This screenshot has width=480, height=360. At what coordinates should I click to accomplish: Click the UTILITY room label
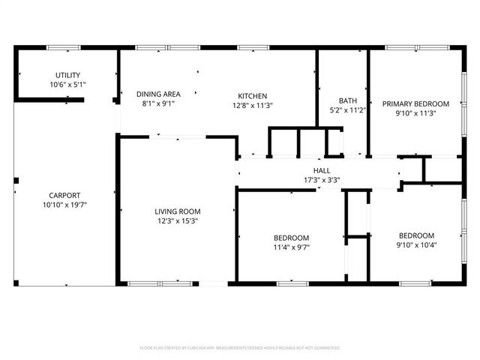[x=67, y=75]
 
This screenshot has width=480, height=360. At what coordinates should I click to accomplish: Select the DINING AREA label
[x=158, y=94]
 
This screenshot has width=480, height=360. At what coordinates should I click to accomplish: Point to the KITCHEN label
[x=253, y=96]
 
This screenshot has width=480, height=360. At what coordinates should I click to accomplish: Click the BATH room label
[x=347, y=100]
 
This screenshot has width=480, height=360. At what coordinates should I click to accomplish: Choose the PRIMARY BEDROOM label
[x=415, y=103]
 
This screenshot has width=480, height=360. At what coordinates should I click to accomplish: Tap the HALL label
[x=322, y=170]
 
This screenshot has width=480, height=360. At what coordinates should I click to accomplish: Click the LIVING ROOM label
[x=178, y=211]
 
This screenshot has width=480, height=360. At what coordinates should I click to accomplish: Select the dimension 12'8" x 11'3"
[x=253, y=106]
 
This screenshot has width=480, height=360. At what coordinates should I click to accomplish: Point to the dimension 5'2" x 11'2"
[x=347, y=110]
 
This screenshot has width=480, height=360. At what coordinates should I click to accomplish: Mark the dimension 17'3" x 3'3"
[x=322, y=180]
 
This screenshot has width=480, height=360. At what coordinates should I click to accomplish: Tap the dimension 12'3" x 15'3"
[x=178, y=221]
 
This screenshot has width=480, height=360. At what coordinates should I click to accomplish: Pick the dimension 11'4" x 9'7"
[x=291, y=247]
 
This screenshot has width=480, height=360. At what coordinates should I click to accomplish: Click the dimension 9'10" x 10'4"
[x=416, y=244]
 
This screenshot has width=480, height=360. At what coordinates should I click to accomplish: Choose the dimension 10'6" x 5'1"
[x=67, y=85]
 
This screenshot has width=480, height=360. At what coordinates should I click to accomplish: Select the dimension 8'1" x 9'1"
[x=158, y=104]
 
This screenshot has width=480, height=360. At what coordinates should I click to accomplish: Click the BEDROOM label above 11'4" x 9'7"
[x=291, y=238]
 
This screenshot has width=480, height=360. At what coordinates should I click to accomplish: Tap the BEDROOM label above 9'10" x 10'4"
[x=416, y=235]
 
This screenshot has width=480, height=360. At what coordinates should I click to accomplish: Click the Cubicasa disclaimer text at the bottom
[x=240, y=348]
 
